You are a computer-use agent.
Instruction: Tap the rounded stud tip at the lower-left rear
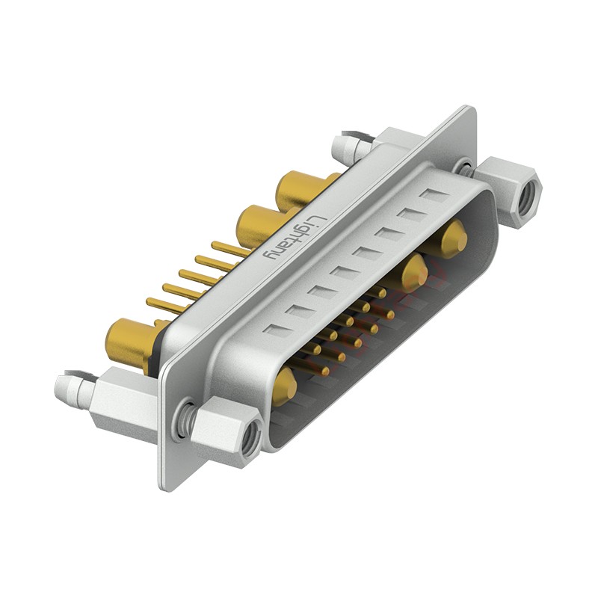[x=64, y=387]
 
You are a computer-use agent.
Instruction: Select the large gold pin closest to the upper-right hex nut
[x=453, y=241]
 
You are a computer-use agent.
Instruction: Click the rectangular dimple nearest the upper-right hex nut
[x=431, y=197]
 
